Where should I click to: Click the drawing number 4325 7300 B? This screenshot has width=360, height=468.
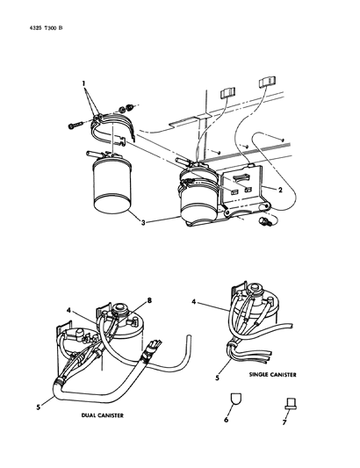pyautogui.click(x=46, y=28)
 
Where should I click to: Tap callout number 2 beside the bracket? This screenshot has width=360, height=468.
pyautogui.click(x=280, y=190)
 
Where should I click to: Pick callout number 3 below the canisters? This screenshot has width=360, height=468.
pyautogui.click(x=143, y=223)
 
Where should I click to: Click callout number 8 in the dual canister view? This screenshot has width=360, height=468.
pyautogui.click(x=149, y=300)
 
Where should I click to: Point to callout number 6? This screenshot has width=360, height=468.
pyautogui.click(x=227, y=420)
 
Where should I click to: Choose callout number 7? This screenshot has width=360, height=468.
pyautogui.click(x=284, y=422)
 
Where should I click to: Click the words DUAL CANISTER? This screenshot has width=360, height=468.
pyautogui.click(x=103, y=415)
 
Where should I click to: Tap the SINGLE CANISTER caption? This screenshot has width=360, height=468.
pyautogui.click(x=273, y=374)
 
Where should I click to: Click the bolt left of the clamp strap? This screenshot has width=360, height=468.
pyautogui.click(x=76, y=126)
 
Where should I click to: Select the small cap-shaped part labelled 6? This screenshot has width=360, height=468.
pyautogui.click(x=236, y=399)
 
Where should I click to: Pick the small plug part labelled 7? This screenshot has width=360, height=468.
pyautogui.click(x=291, y=403)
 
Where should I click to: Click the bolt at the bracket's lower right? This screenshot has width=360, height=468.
pyautogui.click(x=265, y=222)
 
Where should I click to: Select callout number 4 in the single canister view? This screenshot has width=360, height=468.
pyautogui.click(x=194, y=302)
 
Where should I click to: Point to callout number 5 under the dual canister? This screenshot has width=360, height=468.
pyautogui.click(x=39, y=407)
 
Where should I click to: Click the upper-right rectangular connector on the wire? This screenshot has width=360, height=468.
pyautogui.click(x=267, y=82)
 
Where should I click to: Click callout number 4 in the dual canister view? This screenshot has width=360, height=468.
pyautogui.click(x=68, y=311)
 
